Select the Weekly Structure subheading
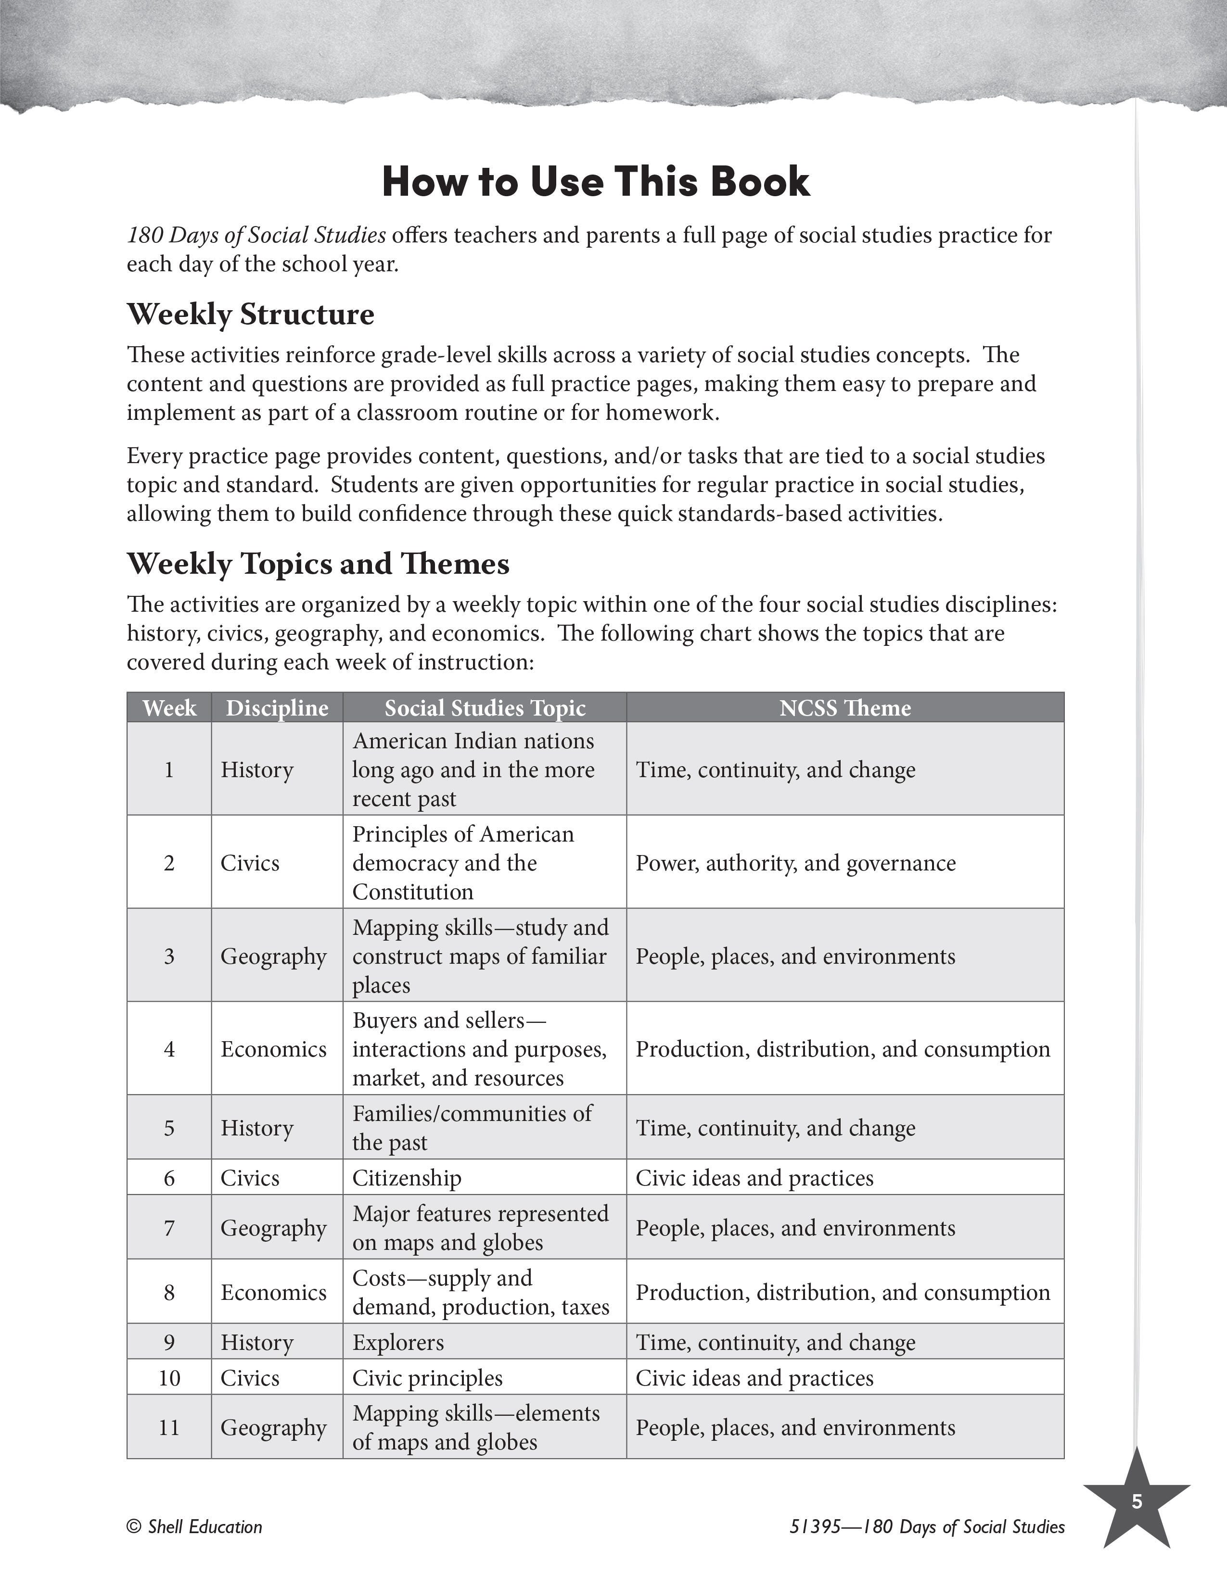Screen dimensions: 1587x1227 (251, 315)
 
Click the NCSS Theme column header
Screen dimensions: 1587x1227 (844, 708)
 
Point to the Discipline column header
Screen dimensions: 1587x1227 (277, 708)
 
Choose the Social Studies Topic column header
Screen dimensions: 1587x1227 (485, 708)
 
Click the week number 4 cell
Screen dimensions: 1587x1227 (169, 1048)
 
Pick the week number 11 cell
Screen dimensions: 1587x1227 (169, 1427)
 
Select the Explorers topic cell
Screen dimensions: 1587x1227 (398, 1342)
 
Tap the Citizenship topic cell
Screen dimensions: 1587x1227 (407, 1177)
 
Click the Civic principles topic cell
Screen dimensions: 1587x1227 (427, 1378)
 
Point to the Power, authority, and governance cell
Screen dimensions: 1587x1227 (796, 863)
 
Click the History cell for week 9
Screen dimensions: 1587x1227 (257, 1342)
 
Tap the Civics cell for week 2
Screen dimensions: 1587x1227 (250, 863)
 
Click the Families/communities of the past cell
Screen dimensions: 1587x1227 (473, 1128)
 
